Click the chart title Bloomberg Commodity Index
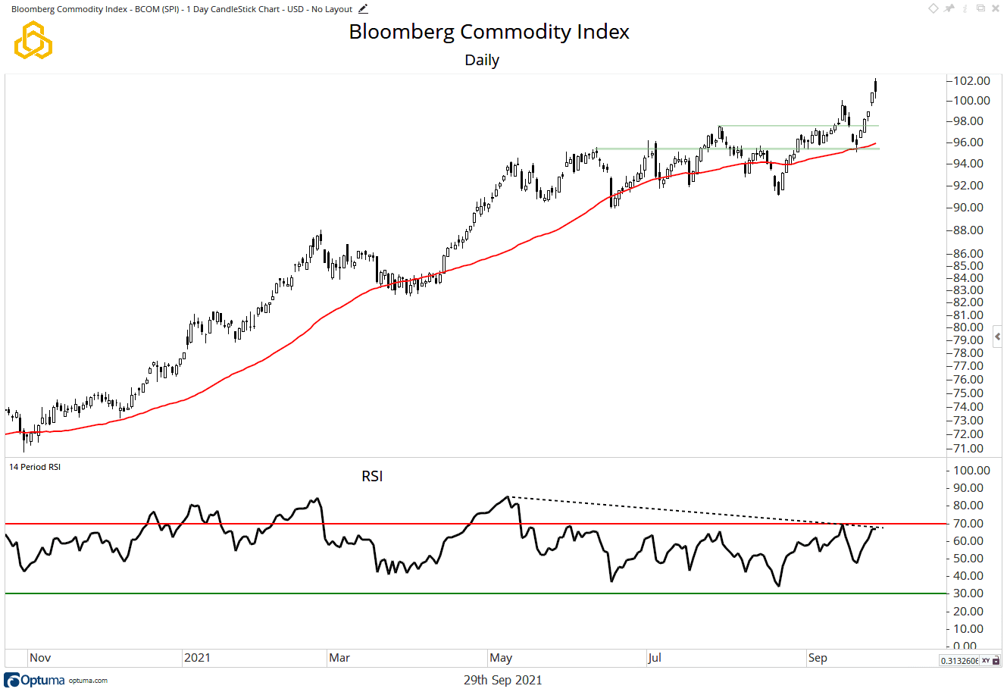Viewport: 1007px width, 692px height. pyautogui.click(x=489, y=32)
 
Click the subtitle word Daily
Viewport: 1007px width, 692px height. pyautogui.click(x=482, y=60)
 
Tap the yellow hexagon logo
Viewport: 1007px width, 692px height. pyautogui.click(x=33, y=40)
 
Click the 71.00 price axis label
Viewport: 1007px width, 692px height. pyautogui.click(x=968, y=449)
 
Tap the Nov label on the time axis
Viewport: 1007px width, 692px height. pyautogui.click(x=40, y=658)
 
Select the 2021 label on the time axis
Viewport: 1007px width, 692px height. pyautogui.click(x=197, y=658)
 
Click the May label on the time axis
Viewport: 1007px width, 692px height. pyautogui.click(x=501, y=658)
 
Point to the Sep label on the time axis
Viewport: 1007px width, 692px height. pyautogui.click(x=818, y=658)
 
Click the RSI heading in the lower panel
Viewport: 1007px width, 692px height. pyautogui.click(x=372, y=476)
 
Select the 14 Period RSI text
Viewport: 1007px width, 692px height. pyautogui.click(x=35, y=467)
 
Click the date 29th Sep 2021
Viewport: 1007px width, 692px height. pyautogui.click(x=502, y=680)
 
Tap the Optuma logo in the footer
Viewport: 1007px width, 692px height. pyautogui.click(x=35, y=680)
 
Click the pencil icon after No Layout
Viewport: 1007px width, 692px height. pyautogui.click(x=363, y=9)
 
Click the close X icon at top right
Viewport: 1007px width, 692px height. pyautogui.click(x=996, y=8)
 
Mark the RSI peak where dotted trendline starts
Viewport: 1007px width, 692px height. pyautogui.click(x=508, y=497)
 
